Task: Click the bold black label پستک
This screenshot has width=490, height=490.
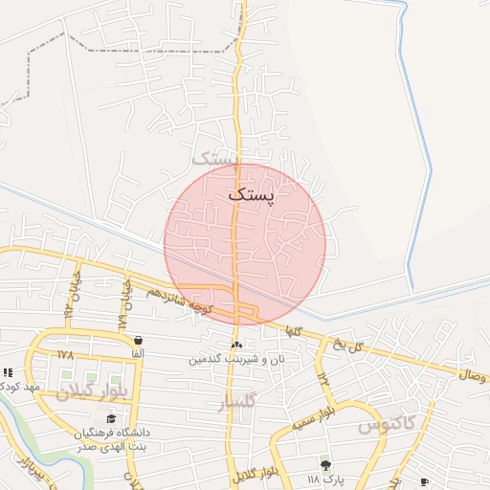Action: pyautogui.click(x=251, y=195)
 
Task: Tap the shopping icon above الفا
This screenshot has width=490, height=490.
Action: pyautogui.click(x=139, y=340)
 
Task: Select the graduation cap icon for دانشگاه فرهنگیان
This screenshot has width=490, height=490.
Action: pyautogui.click(x=111, y=418)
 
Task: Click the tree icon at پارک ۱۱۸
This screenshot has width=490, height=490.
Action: pyautogui.click(x=325, y=464)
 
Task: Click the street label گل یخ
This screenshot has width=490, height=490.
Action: pyautogui.click(x=349, y=346)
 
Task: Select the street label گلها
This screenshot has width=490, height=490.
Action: pyautogui.click(x=291, y=329)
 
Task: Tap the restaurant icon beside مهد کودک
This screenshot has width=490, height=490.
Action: pyautogui.click(x=8, y=372)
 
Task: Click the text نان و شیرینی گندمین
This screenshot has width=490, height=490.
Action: pyautogui.click(x=235, y=359)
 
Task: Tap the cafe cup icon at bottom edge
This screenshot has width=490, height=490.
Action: pyautogui.click(x=425, y=482)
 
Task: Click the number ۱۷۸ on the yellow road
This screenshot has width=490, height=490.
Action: pyautogui.click(x=65, y=354)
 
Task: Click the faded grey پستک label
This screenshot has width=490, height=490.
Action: pyautogui.click(x=213, y=157)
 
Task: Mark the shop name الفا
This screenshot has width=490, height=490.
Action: pyautogui.click(x=139, y=354)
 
